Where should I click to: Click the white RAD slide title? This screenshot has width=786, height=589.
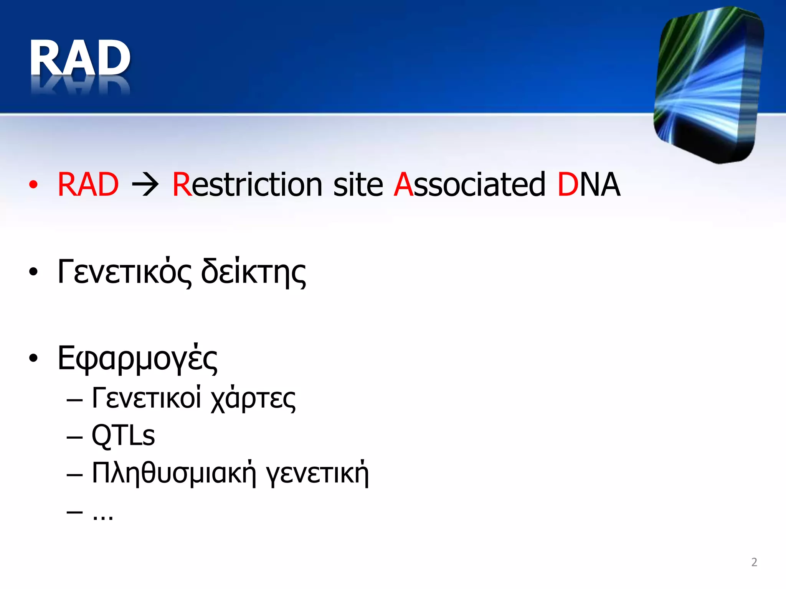click(x=80, y=58)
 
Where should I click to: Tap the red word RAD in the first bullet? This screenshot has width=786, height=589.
click(x=88, y=185)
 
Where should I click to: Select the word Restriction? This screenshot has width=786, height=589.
click(x=247, y=185)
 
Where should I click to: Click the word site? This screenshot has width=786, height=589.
click(x=358, y=185)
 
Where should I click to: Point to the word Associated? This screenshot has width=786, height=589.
click(x=469, y=185)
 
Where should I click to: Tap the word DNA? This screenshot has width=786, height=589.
click(x=589, y=185)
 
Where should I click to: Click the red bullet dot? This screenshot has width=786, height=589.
click(x=34, y=185)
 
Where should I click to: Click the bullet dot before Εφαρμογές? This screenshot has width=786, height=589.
click(x=34, y=358)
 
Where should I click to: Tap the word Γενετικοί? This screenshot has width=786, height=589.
click(x=146, y=398)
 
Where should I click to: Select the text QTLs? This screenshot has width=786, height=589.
click(x=123, y=436)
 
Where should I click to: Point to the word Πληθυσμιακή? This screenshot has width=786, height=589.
click(x=173, y=473)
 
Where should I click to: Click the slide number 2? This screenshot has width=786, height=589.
click(x=754, y=562)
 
